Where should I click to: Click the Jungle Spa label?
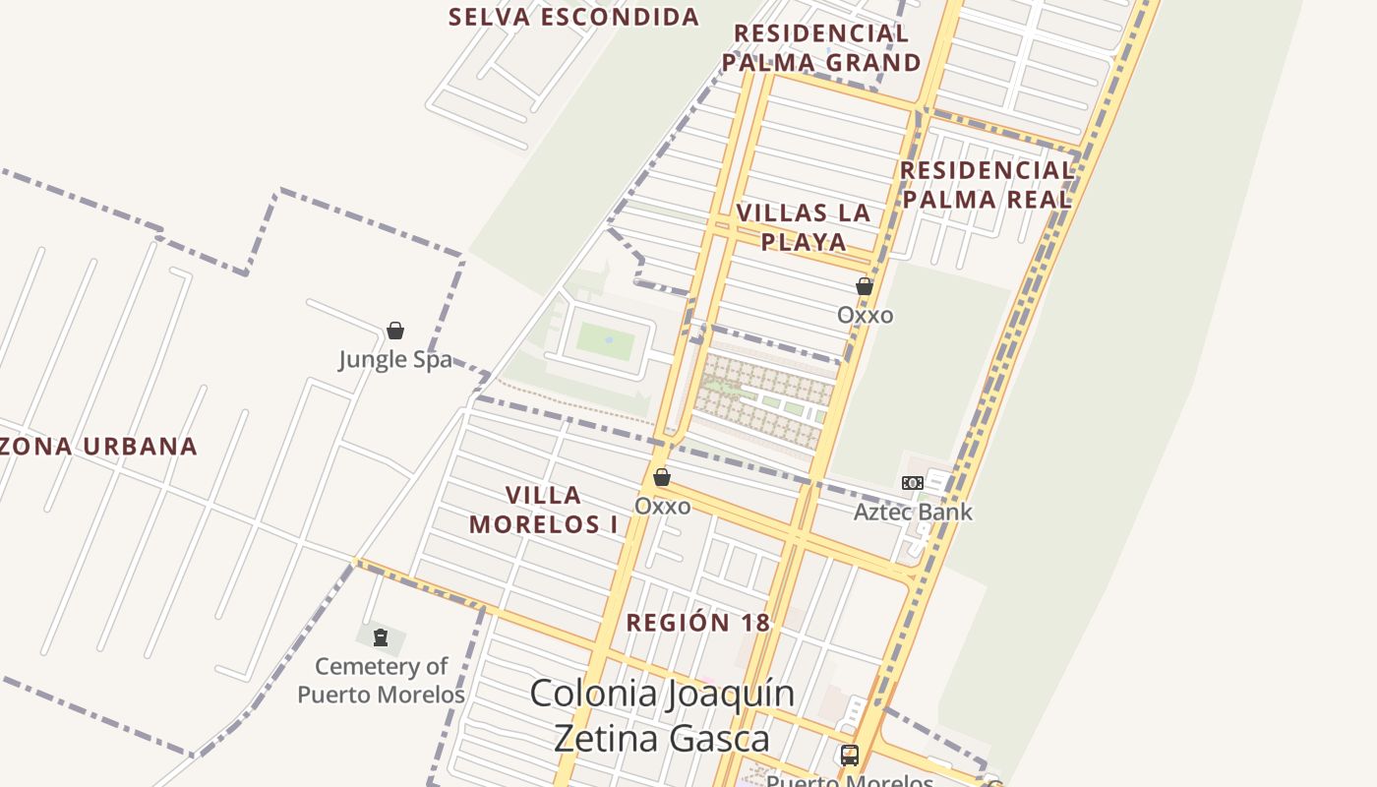tap(395, 359)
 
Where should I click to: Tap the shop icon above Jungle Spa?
tap(395, 331)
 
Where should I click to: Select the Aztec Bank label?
tap(913, 512)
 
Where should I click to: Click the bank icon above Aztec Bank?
tap(913, 483)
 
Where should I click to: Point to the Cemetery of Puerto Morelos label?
tap(381, 680)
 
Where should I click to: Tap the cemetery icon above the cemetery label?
tap(381, 637)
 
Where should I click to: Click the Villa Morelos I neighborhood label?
tap(544, 510)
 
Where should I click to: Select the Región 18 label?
tap(698, 623)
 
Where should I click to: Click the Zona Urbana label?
tap(98, 447)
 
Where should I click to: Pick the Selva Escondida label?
tap(574, 17)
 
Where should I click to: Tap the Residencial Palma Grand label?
tap(821, 48)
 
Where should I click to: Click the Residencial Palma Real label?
tap(987, 184)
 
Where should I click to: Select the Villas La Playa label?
tap(804, 227)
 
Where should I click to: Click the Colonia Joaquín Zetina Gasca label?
tap(662, 714)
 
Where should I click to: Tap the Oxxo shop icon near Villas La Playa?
tap(865, 287)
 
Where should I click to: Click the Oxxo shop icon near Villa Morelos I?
tap(662, 477)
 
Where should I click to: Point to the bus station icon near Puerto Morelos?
tap(850, 756)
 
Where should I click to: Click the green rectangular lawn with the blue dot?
tap(606, 340)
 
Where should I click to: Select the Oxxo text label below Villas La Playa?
tap(866, 315)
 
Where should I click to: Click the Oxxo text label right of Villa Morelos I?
tap(662, 506)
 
